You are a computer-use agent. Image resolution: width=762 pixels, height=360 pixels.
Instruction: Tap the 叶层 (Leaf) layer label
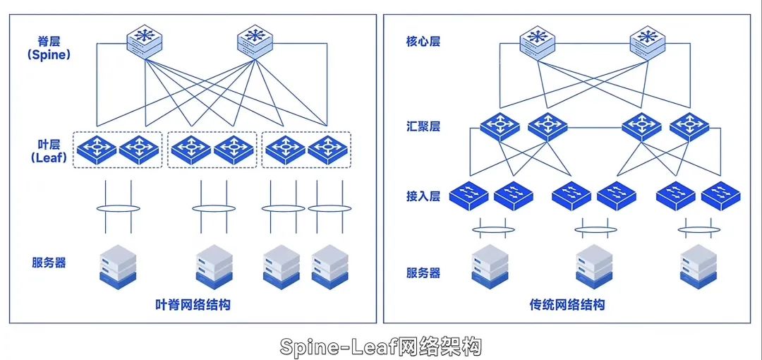pos(49,151)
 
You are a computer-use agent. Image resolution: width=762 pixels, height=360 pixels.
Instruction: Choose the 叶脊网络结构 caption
pos(193,306)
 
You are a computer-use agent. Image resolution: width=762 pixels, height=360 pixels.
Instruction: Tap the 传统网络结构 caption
pos(567,306)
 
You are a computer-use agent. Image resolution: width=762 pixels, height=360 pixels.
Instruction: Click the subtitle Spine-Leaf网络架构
pos(381,346)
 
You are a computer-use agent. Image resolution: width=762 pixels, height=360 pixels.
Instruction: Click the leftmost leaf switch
pos(96,150)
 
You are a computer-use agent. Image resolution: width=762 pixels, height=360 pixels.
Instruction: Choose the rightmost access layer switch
pos(720,195)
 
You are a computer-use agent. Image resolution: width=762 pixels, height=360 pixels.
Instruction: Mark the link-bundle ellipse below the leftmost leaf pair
pos(118,208)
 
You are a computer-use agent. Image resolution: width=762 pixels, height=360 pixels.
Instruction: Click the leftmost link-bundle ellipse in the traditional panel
pos(490,229)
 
